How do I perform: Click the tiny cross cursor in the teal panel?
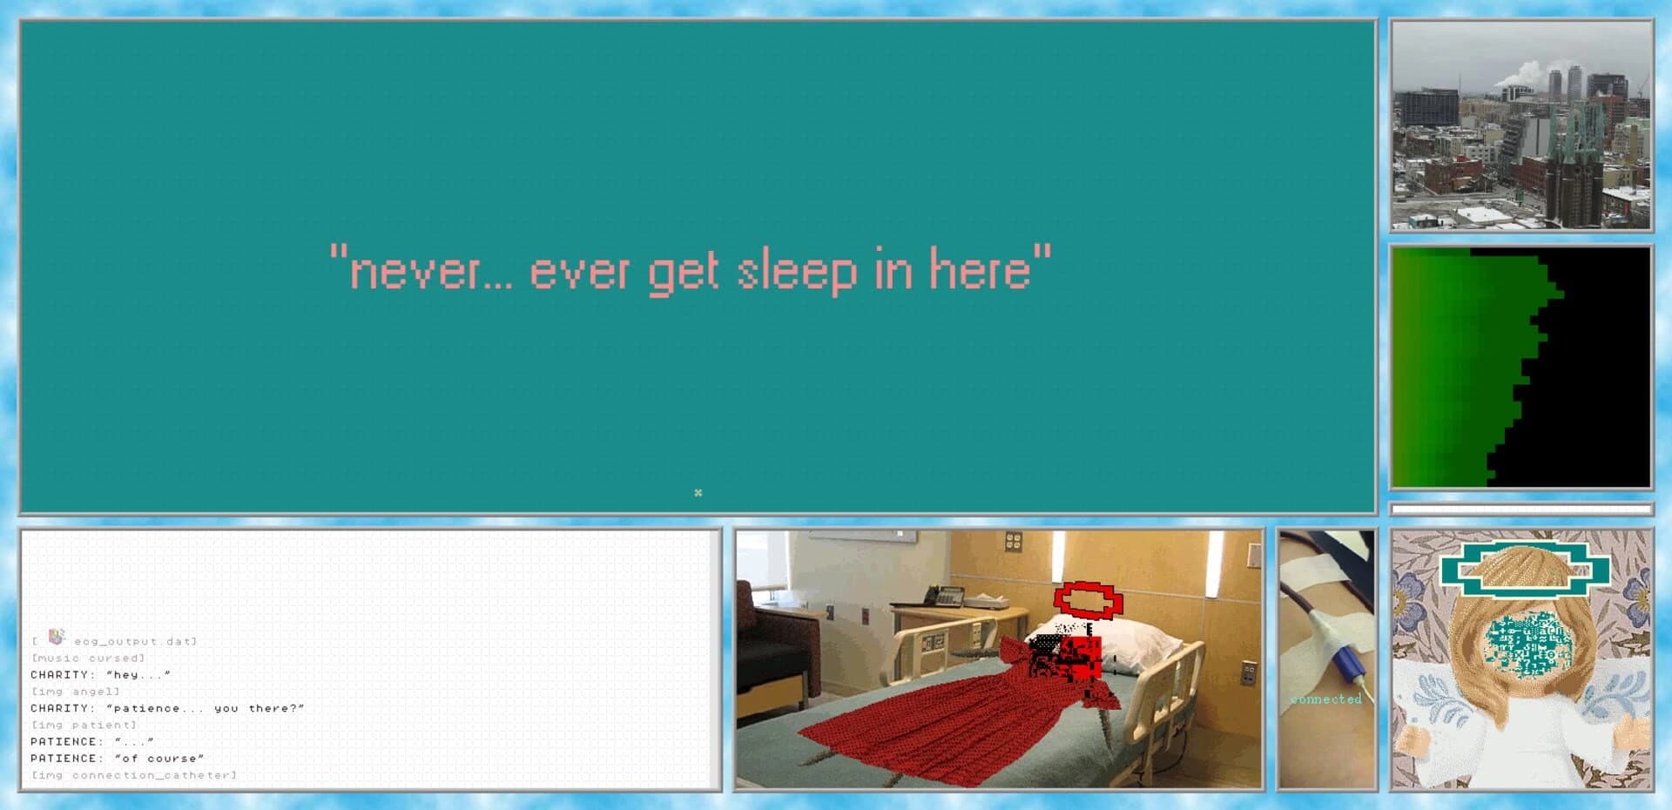(698, 493)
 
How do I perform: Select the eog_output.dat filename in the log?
(134, 642)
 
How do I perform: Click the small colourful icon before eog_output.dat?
(56, 637)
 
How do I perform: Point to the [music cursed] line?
(88, 658)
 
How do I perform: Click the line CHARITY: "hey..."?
(100, 675)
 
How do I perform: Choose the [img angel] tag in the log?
(76, 692)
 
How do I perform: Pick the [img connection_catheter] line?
(133, 775)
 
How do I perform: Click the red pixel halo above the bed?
(1088, 600)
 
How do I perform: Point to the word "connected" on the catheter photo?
(1325, 699)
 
